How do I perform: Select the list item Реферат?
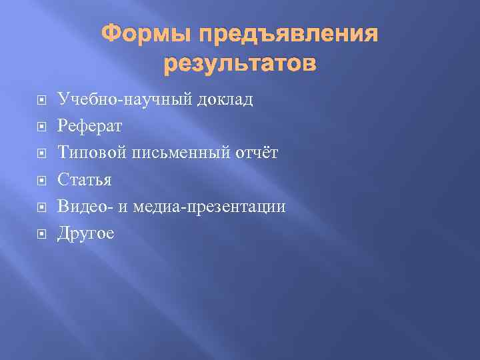click(90, 127)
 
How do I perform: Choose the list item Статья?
click(85, 180)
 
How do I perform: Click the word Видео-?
click(86, 207)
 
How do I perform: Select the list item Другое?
click(86, 233)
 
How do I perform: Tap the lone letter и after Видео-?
click(123, 208)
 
